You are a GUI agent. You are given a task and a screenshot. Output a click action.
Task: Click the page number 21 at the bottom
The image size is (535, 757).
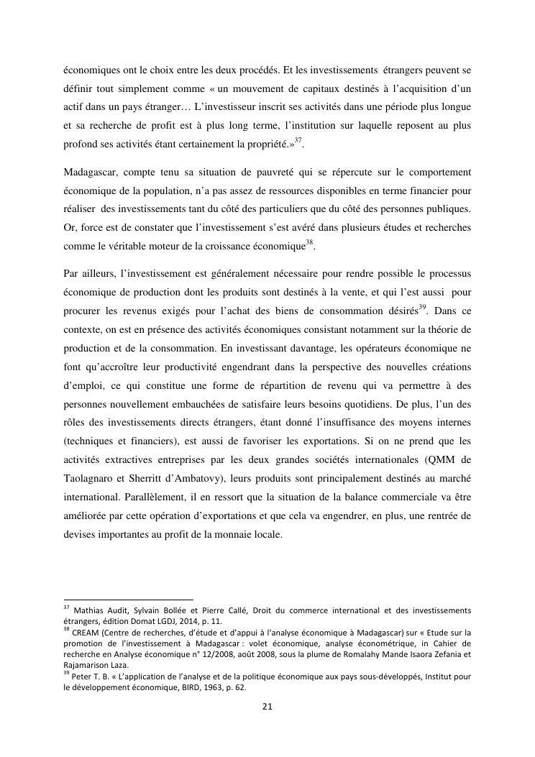tap(267, 707)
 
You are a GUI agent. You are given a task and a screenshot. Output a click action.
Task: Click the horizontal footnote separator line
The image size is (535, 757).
tap(129, 599)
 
